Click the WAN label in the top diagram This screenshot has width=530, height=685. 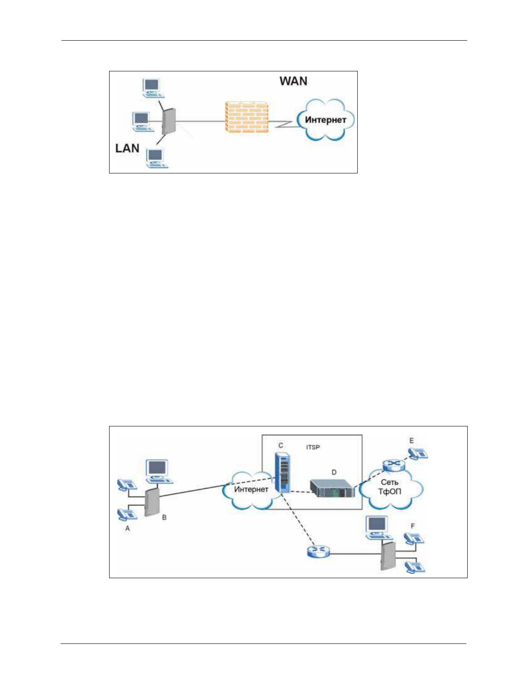[x=293, y=81]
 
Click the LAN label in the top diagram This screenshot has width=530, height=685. [x=127, y=148]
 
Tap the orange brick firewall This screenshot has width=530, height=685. [x=247, y=117]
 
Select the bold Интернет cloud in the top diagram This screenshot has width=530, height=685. [x=325, y=120]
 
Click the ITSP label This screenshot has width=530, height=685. [x=313, y=447]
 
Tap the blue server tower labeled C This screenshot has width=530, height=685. [x=282, y=472]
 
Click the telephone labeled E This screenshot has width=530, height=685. [x=417, y=453]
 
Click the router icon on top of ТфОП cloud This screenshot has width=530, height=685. [x=393, y=465]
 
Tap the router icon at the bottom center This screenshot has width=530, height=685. [x=318, y=551]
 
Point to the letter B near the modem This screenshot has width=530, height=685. [x=164, y=517]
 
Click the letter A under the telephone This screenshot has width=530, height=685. [x=127, y=528]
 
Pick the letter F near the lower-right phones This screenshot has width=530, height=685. [x=413, y=526]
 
